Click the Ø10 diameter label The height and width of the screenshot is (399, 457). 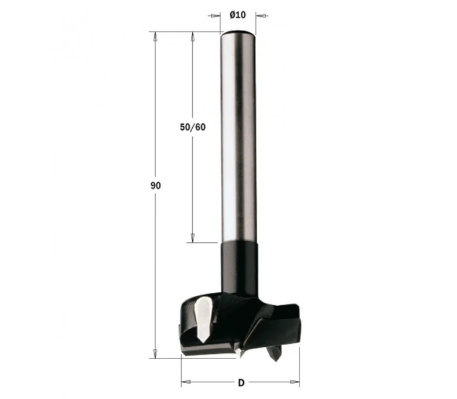(237, 15)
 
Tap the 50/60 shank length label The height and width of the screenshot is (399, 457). (193, 127)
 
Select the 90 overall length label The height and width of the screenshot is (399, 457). (155, 185)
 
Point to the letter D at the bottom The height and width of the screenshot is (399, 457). (241, 383)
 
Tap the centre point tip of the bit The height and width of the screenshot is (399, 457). (240, 354)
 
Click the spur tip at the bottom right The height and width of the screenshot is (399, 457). (275, 358)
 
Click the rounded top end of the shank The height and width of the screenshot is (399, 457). (238, 33)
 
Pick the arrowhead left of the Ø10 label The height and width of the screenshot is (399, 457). (214, 15)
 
